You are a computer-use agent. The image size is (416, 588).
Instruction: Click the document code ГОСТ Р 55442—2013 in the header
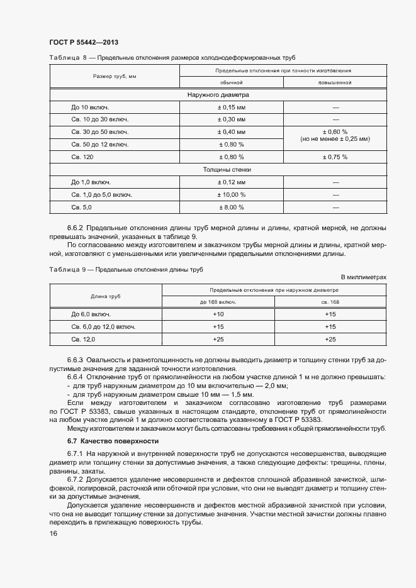[x=84, y=42]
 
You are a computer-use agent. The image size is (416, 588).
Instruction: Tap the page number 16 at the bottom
[x=53, y=534]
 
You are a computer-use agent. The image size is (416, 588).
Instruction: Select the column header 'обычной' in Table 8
[x=231, y=82]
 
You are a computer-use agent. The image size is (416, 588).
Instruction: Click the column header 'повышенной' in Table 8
[x=335, y=82]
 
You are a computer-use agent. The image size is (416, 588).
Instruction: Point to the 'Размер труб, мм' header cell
[x=115, y=76]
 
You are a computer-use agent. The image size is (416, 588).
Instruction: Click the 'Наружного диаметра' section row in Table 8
[x=218, y=95]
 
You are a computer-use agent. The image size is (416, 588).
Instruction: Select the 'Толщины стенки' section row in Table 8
[x=218, y=170]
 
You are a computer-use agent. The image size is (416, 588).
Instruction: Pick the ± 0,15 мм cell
[x=231, y=108]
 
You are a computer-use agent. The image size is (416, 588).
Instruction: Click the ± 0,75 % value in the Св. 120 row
[x=335, y=157]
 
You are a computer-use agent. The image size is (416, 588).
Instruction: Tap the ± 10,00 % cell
[x=231, y=194]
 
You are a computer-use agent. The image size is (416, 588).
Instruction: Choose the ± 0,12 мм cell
[x=231, y=182]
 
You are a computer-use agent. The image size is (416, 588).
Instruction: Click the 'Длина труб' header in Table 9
[x=106, y=296]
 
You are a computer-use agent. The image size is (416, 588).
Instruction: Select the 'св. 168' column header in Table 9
[x=330, y=302]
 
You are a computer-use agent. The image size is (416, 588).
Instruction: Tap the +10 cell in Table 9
[x=218, y=314]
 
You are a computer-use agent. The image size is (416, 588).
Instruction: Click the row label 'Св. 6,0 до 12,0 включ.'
[x=103, y=327]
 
